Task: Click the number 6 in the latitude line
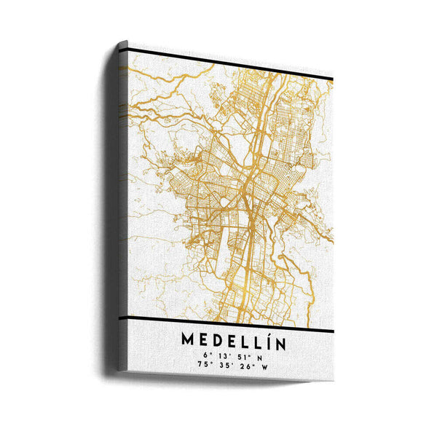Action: point(207,356)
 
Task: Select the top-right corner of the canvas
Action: point(333,74)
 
